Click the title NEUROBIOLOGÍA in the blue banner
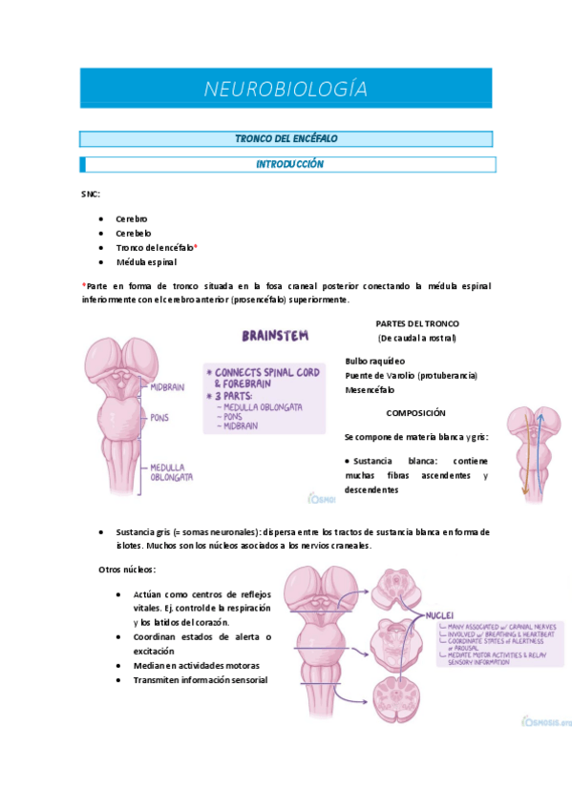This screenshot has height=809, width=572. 286,89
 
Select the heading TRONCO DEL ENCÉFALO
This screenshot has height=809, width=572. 286,139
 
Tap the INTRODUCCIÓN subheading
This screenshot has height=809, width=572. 289,164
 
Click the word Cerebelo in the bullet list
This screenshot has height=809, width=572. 134,233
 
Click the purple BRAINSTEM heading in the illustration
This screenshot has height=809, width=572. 274,336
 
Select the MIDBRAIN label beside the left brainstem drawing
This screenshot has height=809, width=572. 167,386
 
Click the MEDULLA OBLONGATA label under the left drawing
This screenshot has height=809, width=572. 171,472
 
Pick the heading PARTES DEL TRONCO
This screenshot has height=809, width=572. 417,323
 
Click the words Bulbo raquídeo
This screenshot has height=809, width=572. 374,361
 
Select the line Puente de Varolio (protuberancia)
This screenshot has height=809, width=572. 411,375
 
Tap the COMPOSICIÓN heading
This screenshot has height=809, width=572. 416,413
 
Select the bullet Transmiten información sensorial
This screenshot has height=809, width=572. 201,680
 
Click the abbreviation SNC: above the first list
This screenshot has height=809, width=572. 91,194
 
